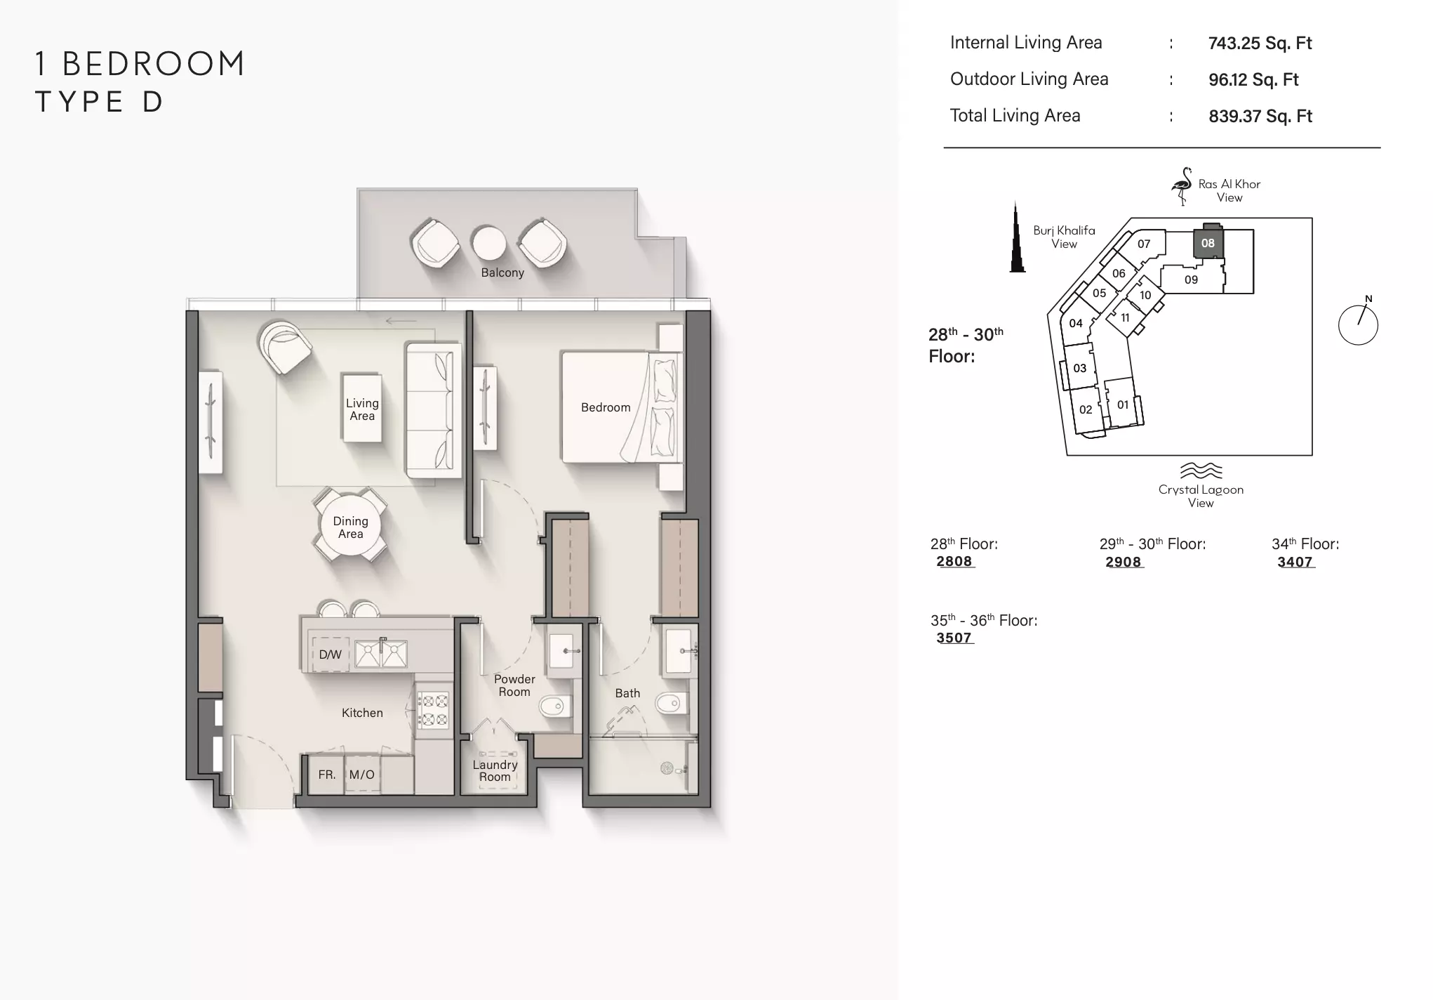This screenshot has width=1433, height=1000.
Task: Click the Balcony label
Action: [502, 272]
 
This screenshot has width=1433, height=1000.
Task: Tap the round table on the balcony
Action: [489, 243]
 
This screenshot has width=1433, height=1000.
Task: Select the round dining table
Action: [350, 525]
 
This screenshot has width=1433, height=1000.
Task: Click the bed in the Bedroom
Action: [622, 407]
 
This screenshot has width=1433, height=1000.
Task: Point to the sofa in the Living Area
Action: [433, 410]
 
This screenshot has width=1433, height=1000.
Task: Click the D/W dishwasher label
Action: [330, 654]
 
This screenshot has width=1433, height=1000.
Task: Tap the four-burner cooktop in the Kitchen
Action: [433, 710]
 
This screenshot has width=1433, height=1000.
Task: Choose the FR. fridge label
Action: [327, 775]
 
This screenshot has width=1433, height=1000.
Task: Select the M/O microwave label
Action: [362, 775]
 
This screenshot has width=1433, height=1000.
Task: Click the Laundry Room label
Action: [495, 770]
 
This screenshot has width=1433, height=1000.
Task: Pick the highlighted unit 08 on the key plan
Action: [1208, 243]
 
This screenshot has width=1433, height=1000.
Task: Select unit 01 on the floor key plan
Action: [1123, 404]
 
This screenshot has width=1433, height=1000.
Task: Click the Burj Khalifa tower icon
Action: [1017, 237]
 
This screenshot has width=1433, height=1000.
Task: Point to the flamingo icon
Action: [1182, 185]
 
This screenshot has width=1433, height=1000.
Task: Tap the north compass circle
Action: [1358, 324]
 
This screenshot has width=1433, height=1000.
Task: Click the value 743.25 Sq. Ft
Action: [1260, 43]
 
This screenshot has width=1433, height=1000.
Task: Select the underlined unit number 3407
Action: [1295, 562]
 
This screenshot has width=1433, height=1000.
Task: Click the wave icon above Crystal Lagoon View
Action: [1201, 471]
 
